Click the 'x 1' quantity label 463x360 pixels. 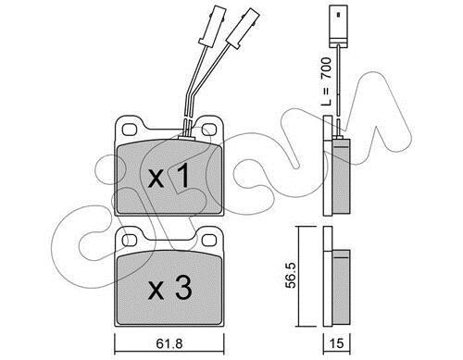click(x=169, y=176)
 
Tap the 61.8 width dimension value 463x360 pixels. click(x=169, y=343)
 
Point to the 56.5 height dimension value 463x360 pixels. click(x=291, y=276)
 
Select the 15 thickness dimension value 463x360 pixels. click(x=336, y=343)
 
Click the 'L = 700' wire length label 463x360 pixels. click(x=327, y=81)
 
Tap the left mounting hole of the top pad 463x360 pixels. click(x=130, y=130)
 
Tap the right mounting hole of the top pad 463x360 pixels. click(x=209, y=130)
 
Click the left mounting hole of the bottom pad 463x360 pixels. click(x=130, y=240)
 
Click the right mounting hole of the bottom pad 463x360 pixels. click(x=209, y=240)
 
